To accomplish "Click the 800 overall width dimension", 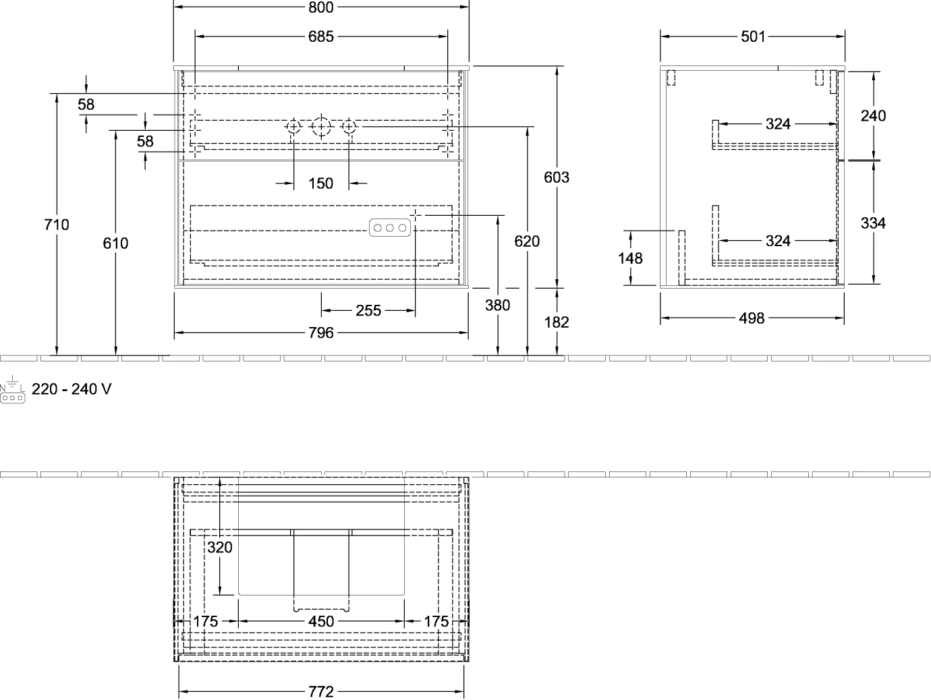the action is [x=320, y=7].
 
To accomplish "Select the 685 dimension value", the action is [x=320, y=37].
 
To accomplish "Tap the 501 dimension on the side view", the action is [x=753, y=37].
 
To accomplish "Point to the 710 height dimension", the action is [x=57, y=225].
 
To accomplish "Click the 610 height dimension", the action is [x=115, y=243].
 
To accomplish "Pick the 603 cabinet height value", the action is [x=557, y=177].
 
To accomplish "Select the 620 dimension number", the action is [x=527, y=241].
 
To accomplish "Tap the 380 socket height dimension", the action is [x=497, y=305].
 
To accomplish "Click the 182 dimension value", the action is [x=557, y=322].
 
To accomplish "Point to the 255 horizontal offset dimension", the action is [x=368, y=311].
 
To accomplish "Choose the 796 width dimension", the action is [x=320, y=333].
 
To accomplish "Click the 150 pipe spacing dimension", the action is [x=320, y=183].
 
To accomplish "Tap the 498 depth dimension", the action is [x=752, y=318].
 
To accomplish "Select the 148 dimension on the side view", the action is [x=630, y=258].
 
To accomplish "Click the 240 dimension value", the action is [x=873, y=116].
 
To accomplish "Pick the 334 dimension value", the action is [x=873, y=223].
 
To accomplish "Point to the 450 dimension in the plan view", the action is [x=321, y=622].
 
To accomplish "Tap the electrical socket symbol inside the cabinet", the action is [x=390, y=228].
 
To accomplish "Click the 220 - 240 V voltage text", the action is [x=72, y=389].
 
